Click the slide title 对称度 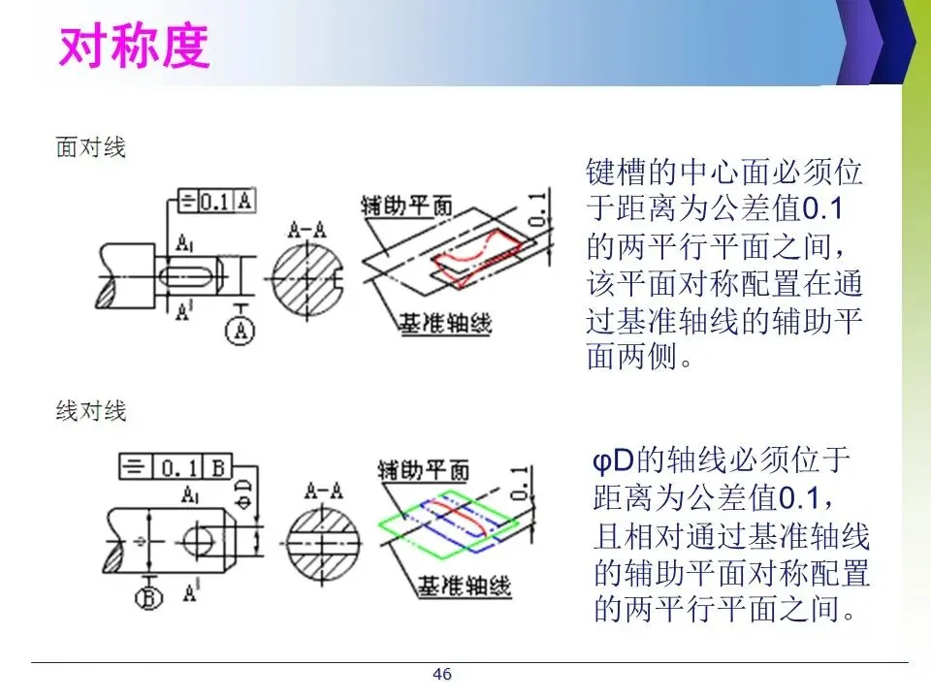point(133,46)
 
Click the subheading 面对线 point(90,148)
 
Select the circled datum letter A point(241,332)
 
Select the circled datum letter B point(148,597)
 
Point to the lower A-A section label point(323,488)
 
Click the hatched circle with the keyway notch point(307,278)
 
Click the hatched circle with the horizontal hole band point(324,538)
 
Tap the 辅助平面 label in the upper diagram point(406,206)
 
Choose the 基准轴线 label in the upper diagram point(445,323)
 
